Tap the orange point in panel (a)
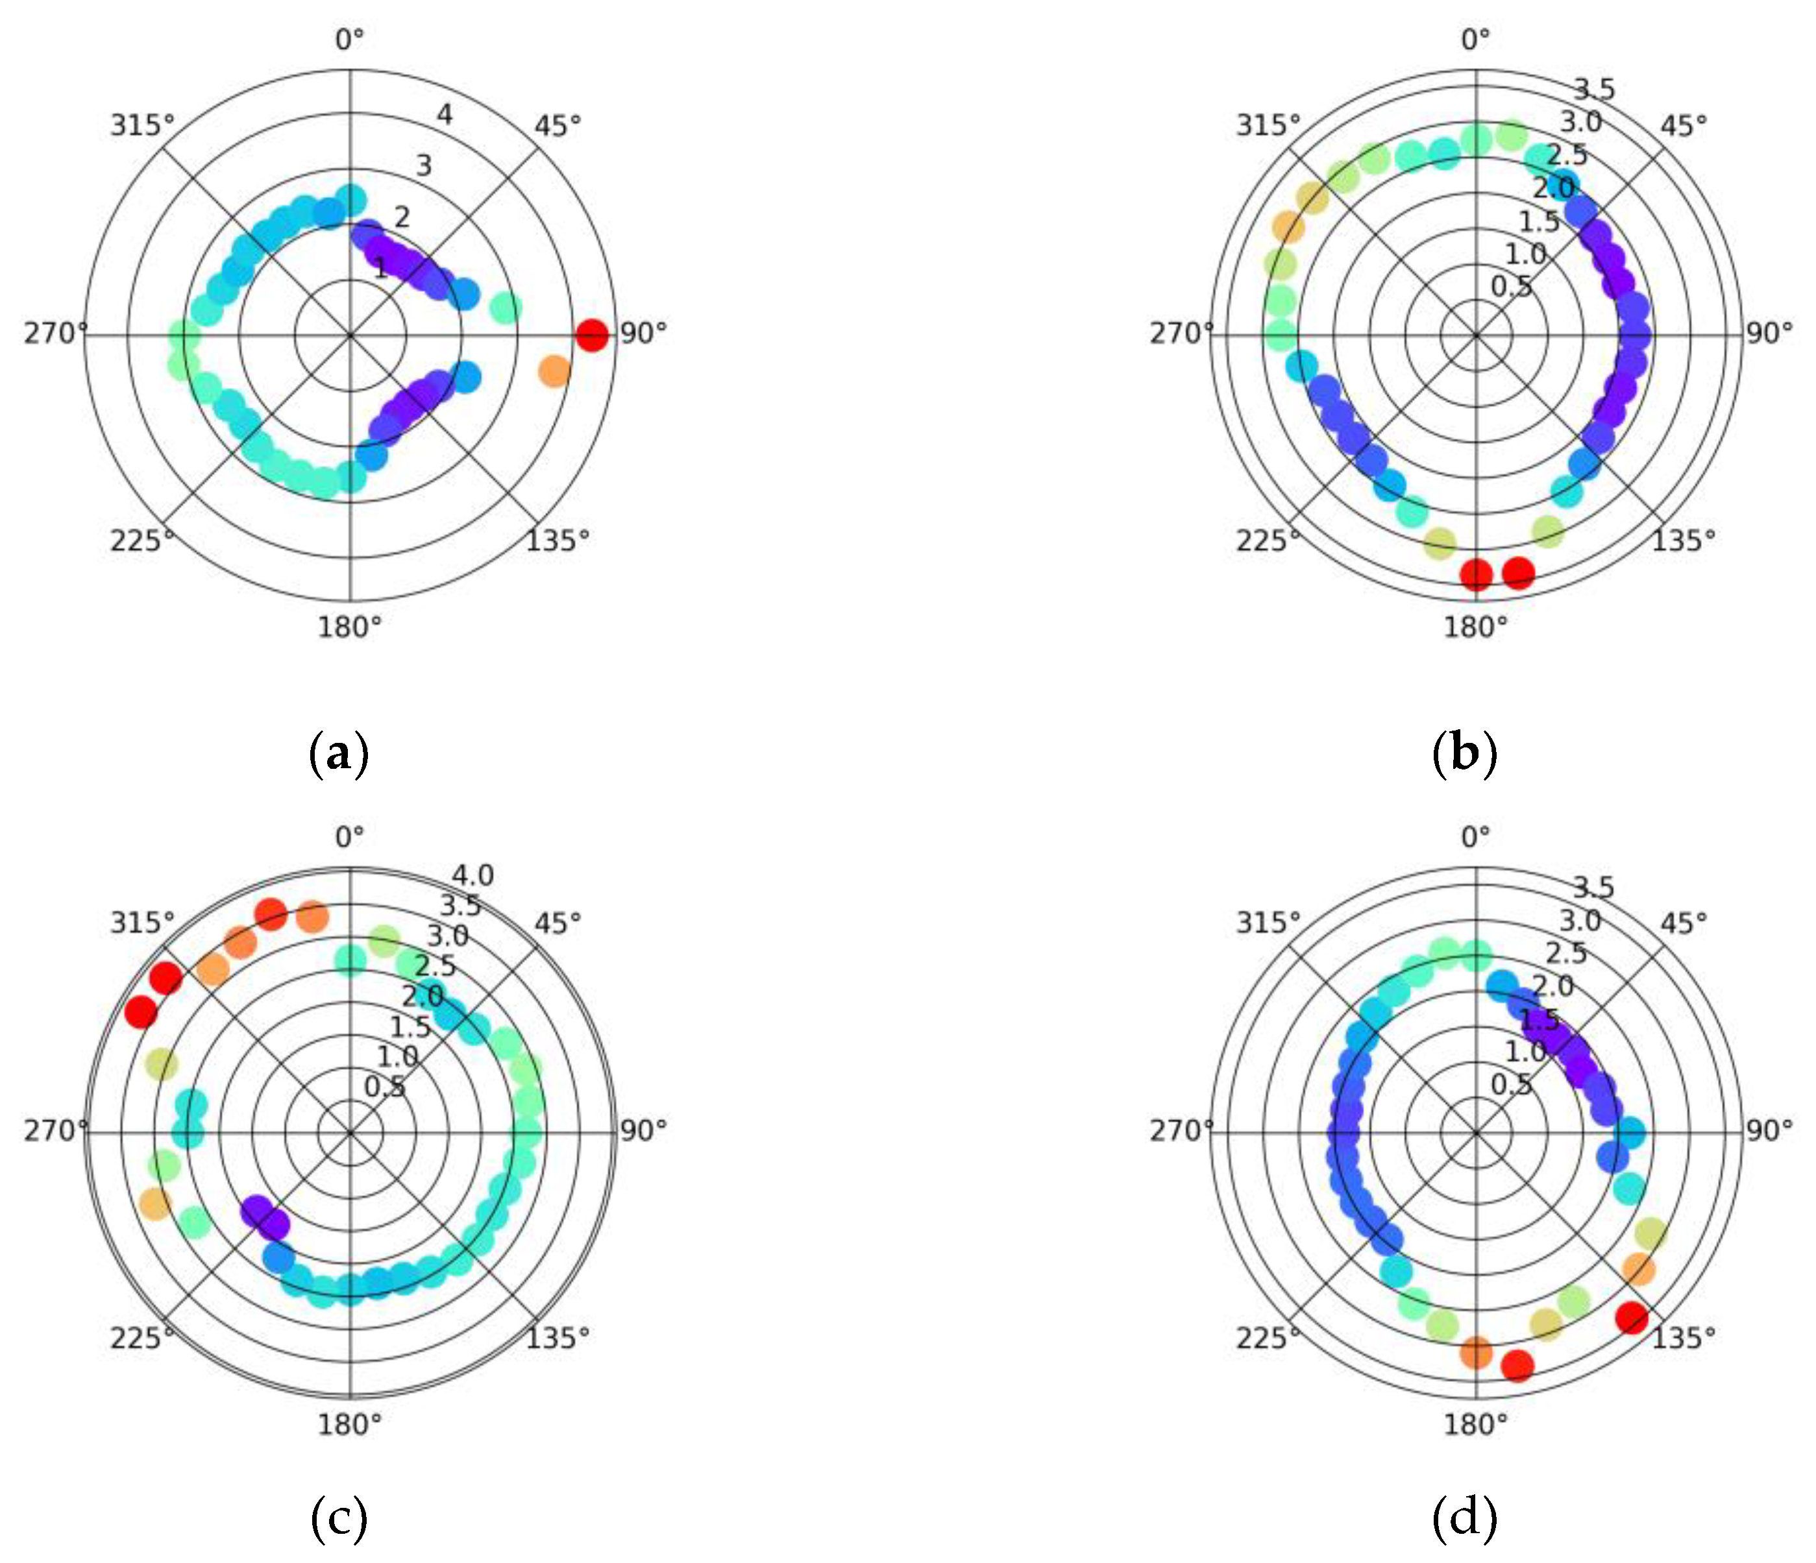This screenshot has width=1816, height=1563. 554,370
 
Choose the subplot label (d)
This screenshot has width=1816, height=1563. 1464,1520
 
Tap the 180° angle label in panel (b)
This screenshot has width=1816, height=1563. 1476,626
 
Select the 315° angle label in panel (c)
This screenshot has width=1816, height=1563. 142,923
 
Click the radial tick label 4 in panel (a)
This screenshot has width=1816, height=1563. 445,115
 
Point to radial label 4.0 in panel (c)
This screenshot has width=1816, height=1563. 473,875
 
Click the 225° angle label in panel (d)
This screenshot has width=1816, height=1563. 1268,1339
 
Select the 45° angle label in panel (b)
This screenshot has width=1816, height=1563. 1684,126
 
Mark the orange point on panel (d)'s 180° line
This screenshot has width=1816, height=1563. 1476,1352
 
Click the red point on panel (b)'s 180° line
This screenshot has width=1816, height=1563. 1476,575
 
